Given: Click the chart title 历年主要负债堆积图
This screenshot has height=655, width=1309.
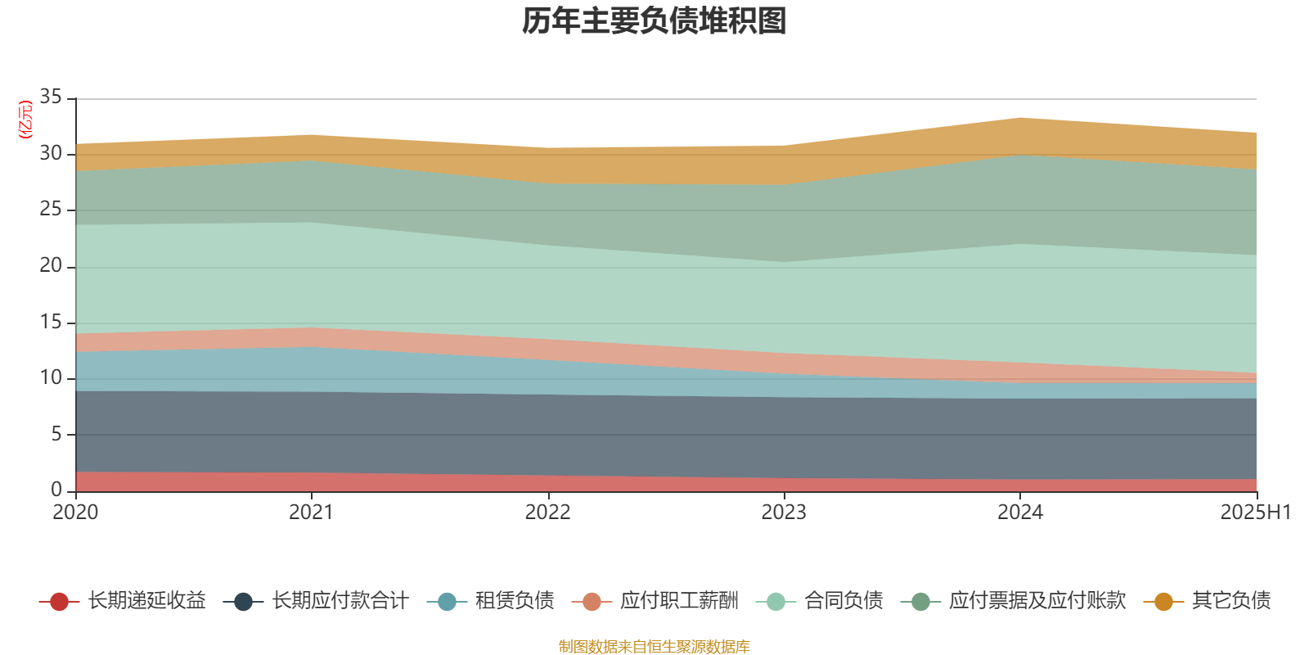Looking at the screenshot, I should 654,22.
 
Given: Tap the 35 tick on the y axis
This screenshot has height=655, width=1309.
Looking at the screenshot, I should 51,97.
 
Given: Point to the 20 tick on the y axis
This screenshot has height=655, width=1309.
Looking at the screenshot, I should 51,265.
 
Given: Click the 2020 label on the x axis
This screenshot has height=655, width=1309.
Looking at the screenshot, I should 75,513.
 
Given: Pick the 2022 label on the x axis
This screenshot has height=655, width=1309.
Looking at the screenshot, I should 547,513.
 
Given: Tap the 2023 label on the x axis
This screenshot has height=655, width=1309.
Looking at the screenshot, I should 784,513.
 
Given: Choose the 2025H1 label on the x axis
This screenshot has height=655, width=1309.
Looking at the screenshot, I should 1254,513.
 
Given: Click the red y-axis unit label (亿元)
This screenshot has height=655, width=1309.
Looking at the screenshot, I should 25,120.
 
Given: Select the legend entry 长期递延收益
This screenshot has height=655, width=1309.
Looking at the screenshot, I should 146,601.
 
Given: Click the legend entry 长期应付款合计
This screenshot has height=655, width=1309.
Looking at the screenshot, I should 339,601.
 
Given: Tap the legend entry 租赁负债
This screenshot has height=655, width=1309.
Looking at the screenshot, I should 514,601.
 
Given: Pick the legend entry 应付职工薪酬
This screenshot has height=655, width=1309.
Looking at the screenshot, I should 678,601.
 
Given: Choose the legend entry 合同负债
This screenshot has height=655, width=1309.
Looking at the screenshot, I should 843,601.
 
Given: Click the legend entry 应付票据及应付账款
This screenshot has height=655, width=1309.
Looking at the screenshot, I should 1037,601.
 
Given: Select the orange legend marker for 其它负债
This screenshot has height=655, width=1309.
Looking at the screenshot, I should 1163,602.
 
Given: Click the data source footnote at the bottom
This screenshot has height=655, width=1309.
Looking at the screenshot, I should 654,647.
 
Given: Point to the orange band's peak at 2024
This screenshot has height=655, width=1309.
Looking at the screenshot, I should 1020,120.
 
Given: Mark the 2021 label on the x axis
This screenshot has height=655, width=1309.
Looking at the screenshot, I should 311,513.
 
